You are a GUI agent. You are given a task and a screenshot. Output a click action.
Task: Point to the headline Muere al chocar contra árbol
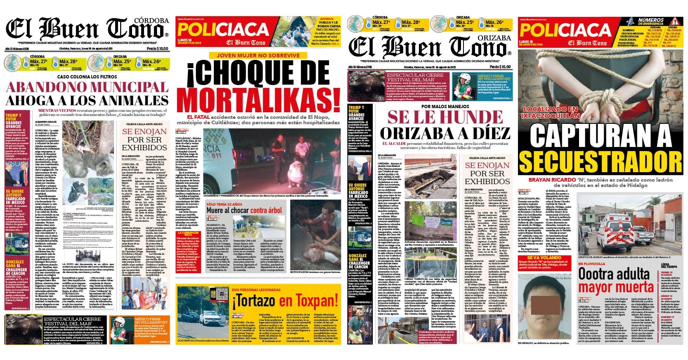point(245,210)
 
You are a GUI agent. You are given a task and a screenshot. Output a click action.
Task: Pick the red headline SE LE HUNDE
point(445,117)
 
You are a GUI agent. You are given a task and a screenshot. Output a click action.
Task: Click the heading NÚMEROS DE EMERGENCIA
point(651,22)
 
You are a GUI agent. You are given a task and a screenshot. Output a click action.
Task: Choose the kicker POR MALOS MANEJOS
point(445,106)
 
